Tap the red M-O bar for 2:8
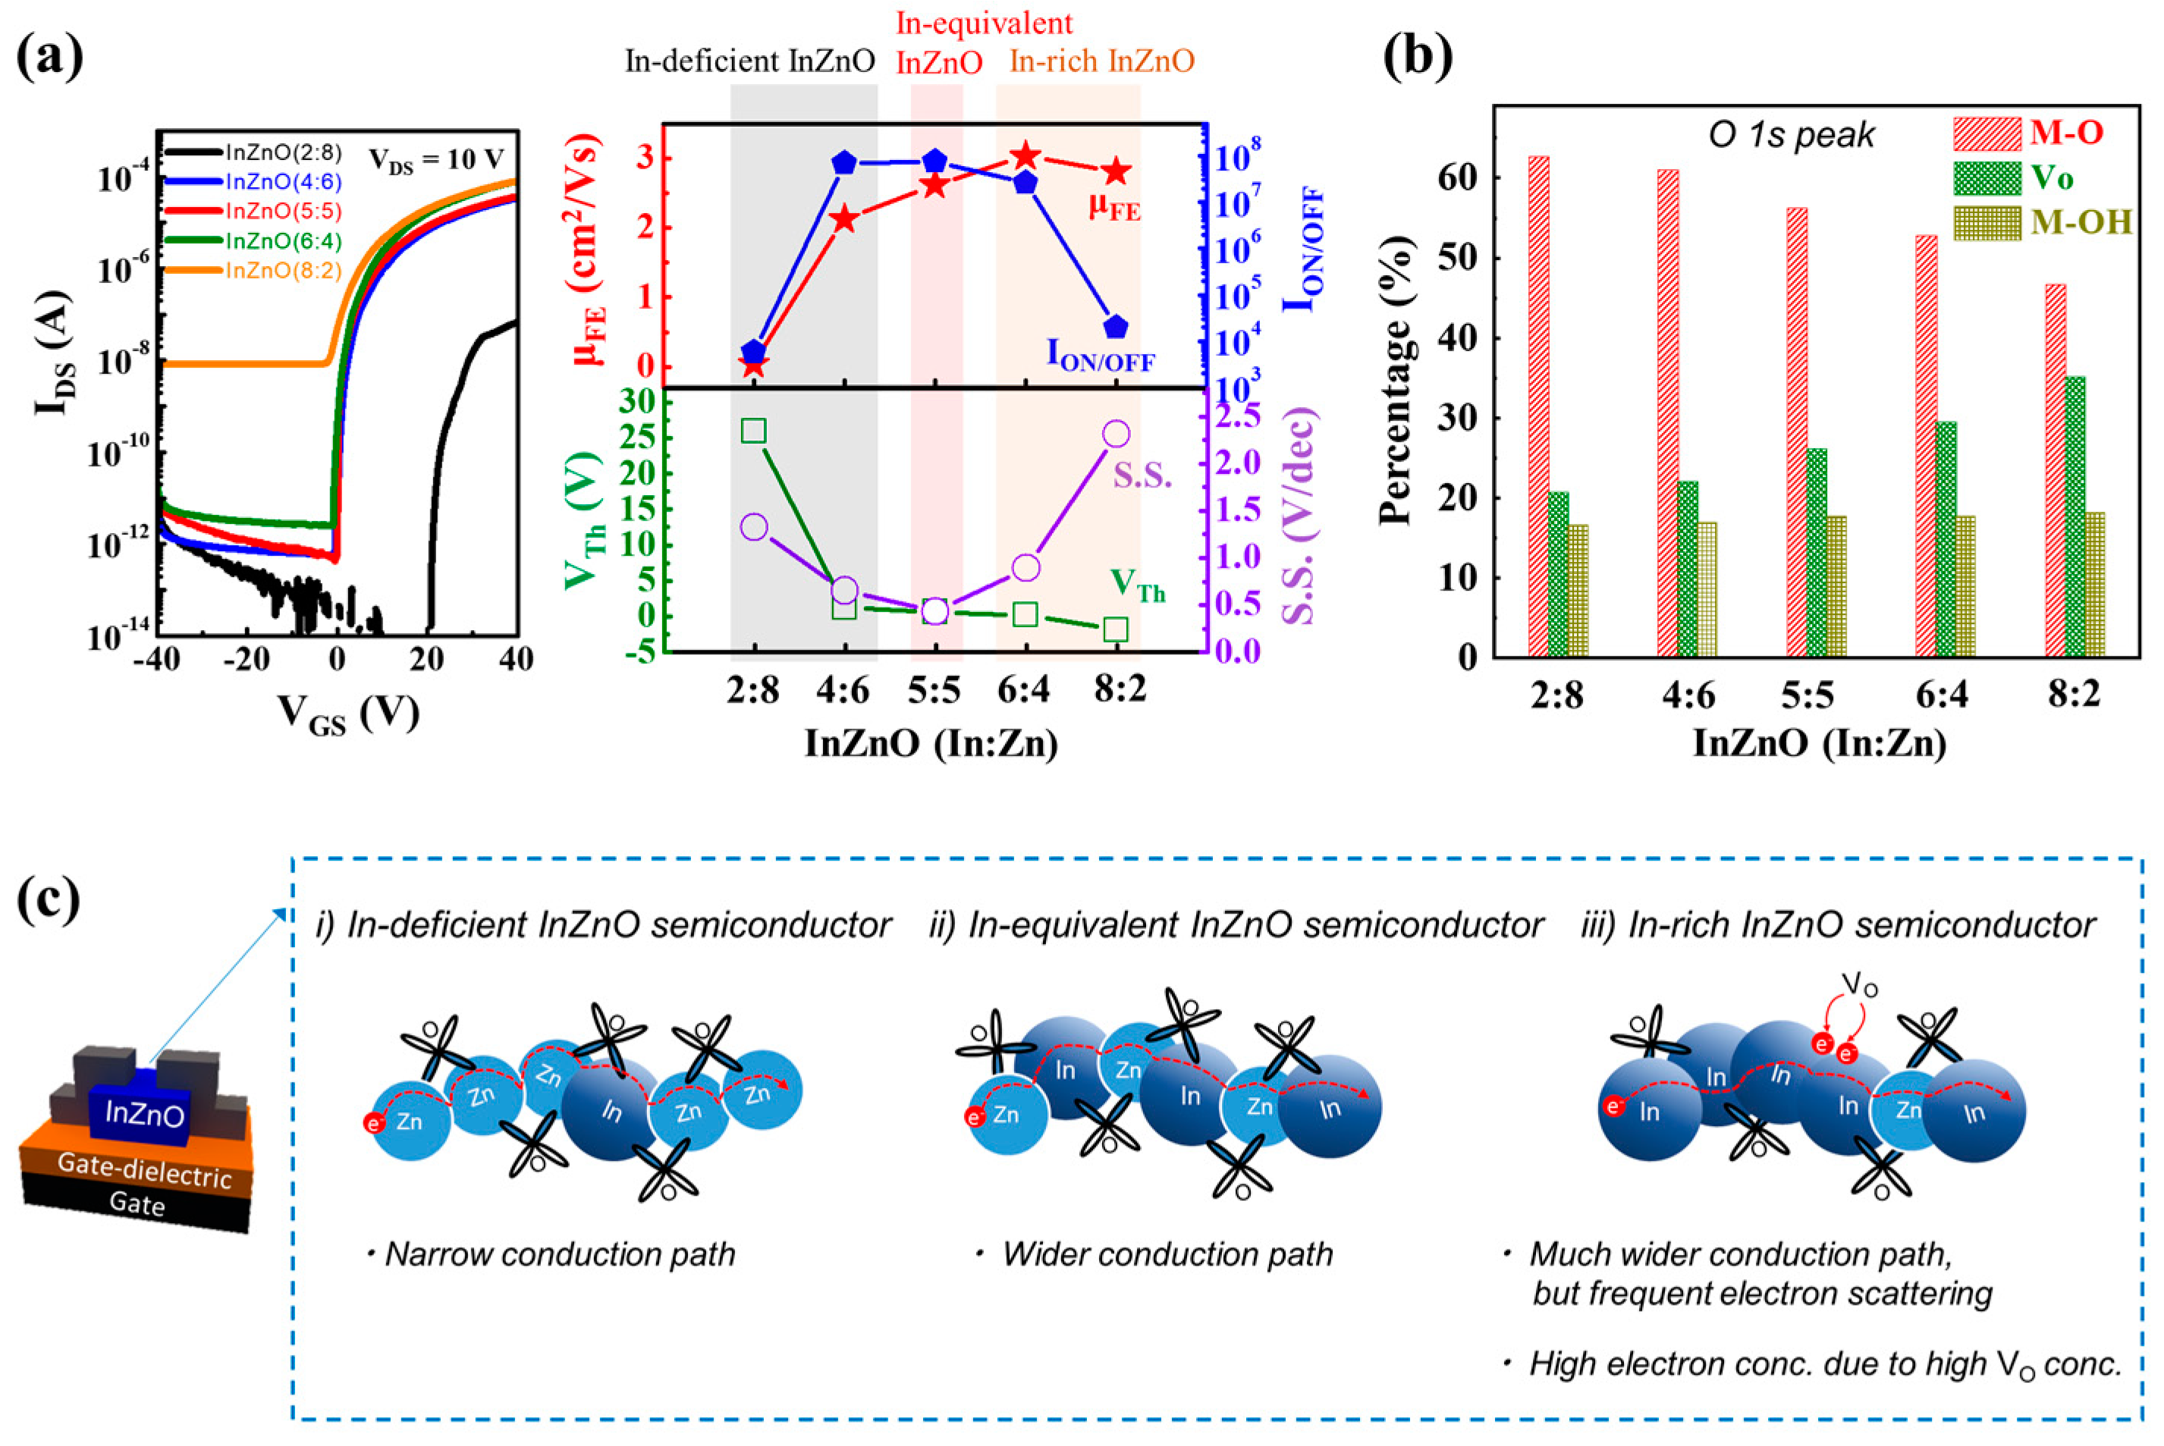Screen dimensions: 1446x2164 (1538, 406)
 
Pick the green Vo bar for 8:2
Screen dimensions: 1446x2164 (2074, 516)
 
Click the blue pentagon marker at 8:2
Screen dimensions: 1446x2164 (1116, 327)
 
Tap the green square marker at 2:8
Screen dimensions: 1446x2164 (754, 431)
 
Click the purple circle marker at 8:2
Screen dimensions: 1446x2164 (1116, 434)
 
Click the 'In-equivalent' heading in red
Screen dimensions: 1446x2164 (985, 22)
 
